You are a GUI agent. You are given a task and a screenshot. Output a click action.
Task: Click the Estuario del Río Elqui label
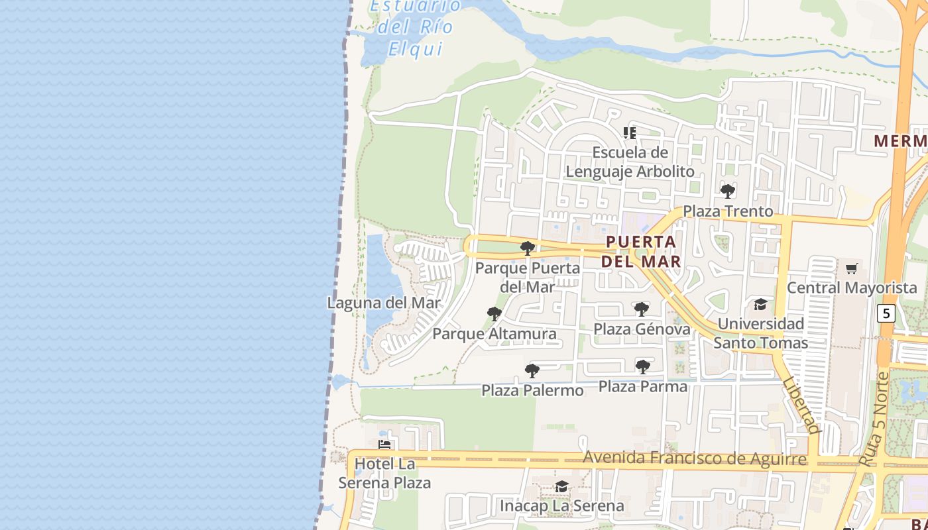coord(415,26)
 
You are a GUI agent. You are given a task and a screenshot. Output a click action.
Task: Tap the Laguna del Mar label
coord(384,303)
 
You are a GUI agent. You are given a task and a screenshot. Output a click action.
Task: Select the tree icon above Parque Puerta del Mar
coord(528,248)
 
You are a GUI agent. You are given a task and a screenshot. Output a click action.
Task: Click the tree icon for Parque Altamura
coord(494,314)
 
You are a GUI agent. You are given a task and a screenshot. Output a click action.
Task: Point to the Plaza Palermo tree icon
coord(532,371)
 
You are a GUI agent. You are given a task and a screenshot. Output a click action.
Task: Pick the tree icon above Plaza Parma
coord(642,366)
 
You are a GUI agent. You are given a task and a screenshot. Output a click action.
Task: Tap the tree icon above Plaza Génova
coord(641,309)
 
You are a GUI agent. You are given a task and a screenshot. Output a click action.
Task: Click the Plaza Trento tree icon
coord(728,191)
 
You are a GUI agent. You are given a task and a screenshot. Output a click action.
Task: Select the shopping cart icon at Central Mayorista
coord(852,268)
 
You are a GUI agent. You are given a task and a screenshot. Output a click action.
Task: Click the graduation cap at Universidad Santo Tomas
coord(760,304)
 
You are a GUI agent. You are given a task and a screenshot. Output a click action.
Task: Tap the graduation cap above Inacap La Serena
coord(561,487)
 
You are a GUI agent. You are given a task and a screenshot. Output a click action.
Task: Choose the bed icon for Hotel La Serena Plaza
coord(384,445)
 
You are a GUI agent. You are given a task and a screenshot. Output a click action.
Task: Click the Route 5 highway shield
coord(886,313)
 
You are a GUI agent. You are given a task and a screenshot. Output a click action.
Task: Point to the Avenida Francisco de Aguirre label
coord(695,458)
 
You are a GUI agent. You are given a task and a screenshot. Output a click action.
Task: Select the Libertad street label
coord(801,405)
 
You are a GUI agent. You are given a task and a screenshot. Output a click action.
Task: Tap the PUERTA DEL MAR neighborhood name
coord(641,251)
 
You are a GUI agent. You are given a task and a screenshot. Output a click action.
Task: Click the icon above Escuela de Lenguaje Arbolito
coord(630,133)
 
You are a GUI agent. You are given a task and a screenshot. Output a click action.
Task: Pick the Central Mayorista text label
coord(852,288)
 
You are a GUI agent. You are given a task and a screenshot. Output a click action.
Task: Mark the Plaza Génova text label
coord(642,329)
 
